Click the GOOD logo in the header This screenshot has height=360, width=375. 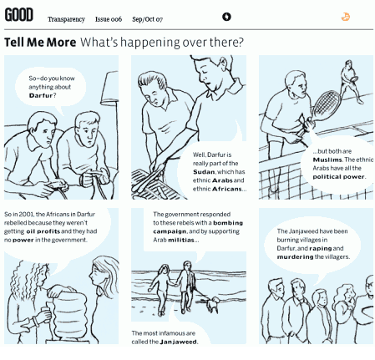[x=19, y=15]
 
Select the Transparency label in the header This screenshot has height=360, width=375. [x=66, y=19]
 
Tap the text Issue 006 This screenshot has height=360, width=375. [x=109, y=19]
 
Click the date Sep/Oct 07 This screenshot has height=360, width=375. [x=147, y=19]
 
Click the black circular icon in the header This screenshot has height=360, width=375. [x=226, y=17]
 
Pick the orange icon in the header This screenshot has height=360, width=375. [x=346, y=17]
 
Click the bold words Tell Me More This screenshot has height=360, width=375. [x=40, y=43]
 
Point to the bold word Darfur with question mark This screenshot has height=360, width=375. [x=43, y=95]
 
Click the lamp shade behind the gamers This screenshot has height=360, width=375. [x=109, y=89]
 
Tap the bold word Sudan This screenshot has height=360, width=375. [x=204, y=172]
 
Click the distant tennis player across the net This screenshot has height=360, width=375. [x=350, y=81]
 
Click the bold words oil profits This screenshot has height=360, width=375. [x=43, y=231]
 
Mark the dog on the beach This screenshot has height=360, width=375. [x=213, y=304]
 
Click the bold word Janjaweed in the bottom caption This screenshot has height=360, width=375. [x=178, y=342]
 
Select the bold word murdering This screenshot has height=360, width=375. [x=295, y=256]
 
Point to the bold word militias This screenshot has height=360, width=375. [x=181, y=240]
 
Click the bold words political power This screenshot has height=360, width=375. [x=338, y=177]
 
